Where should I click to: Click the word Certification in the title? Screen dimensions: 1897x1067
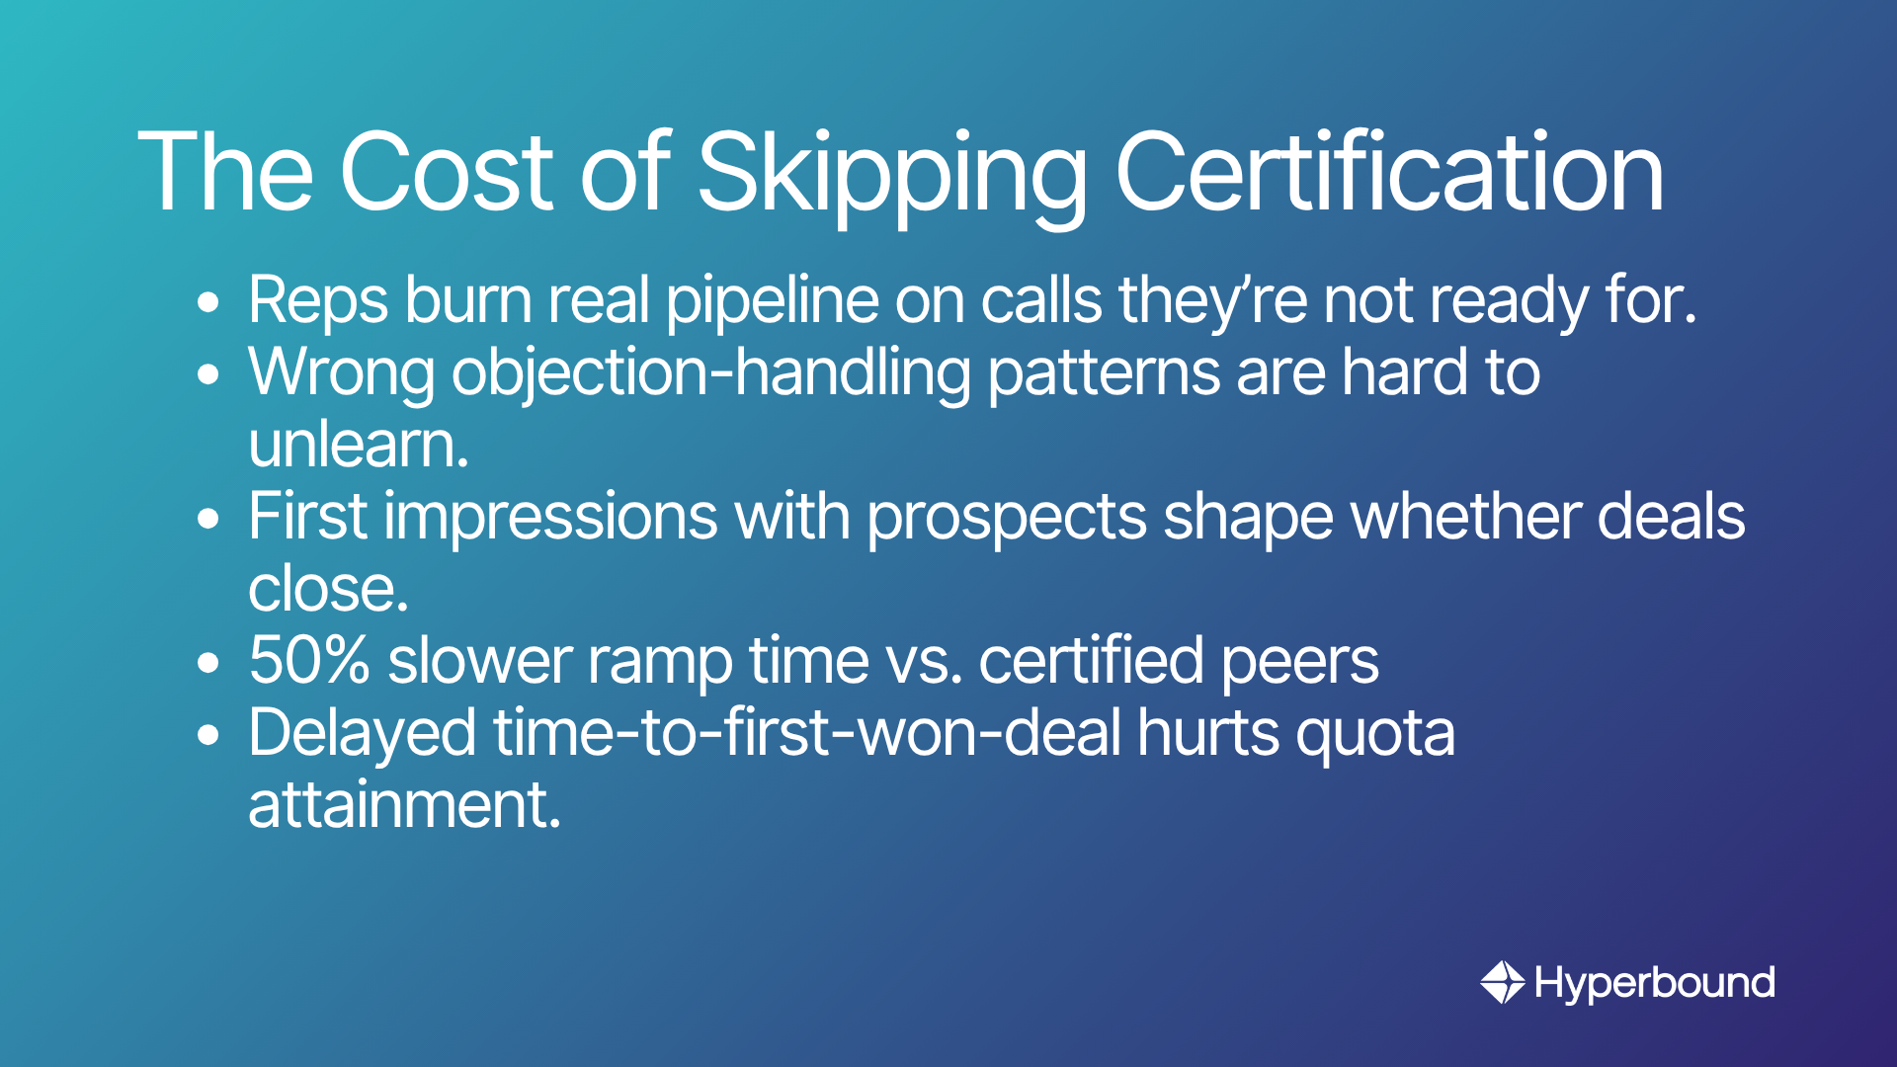[x=1389, y=173]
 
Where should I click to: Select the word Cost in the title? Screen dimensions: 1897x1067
[x=446, y=173]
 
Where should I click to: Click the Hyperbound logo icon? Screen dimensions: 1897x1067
[x=1503, y=982]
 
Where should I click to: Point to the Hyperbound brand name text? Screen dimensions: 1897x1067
[x=1655, y=983]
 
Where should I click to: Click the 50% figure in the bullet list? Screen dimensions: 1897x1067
[x=309, y=660]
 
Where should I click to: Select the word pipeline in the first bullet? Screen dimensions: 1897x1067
[x=772, y=301]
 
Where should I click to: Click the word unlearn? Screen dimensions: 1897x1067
[x=359, y=445]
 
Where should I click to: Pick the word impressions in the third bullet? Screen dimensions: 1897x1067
[x=550, y=519]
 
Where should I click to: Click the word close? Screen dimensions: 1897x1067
[x=328, y=590]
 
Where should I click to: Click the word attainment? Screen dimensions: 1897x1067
[x=405, y=805]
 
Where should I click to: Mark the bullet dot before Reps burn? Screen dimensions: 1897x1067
[x=207, y=303]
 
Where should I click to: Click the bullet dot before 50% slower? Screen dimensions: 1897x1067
[x=207, y=664]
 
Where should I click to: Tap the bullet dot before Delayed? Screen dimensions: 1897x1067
[x=207, y=736]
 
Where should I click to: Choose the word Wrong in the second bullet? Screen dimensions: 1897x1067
[x=342, y=374]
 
